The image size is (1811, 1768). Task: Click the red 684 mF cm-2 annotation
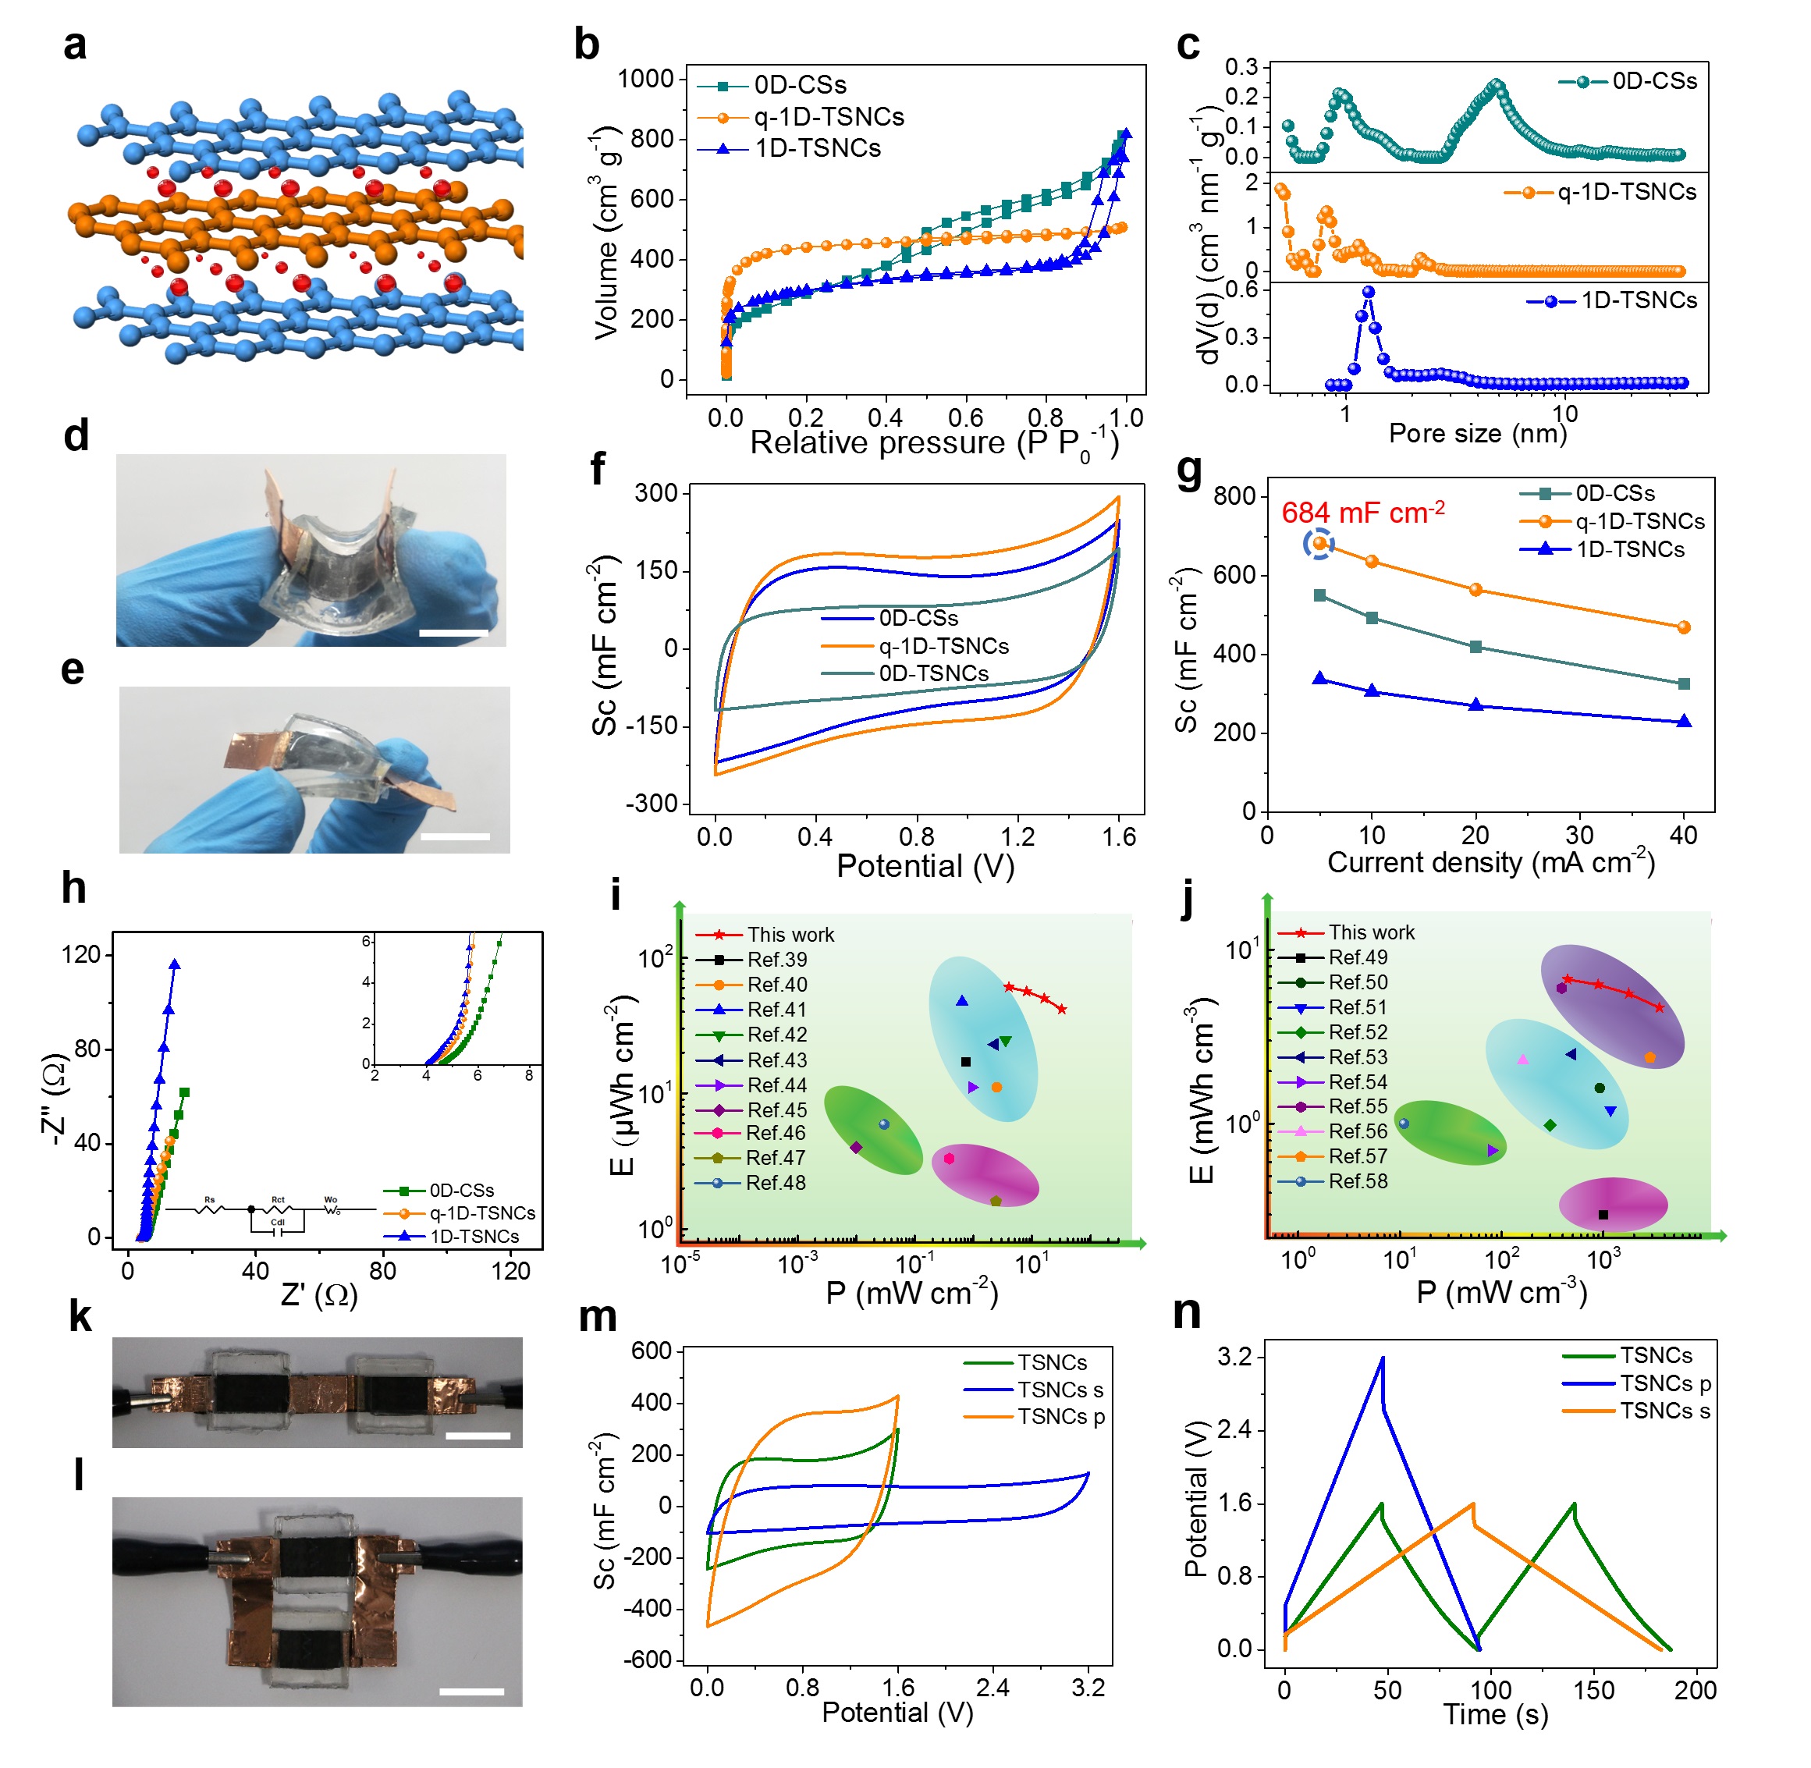coord(1362,513)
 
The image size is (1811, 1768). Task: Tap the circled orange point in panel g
coord(1319,543)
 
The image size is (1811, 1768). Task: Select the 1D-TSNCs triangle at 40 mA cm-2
coord(1684,722)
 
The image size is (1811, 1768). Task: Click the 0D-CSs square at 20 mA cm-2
coord(1475,648)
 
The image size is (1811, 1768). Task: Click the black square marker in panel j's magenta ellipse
coord(1603,1215)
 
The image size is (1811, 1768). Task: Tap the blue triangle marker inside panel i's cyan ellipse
coord(962,1001)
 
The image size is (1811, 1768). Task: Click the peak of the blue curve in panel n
coord(1383,1358)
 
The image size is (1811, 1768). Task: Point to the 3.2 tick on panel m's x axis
coord(1088,1687)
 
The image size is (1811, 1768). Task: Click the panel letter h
coord(74,889)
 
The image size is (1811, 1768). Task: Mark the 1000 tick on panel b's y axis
coord(645,79)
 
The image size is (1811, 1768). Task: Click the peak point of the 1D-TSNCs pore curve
coord(1368,292)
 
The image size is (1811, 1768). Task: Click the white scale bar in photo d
coord(454,634)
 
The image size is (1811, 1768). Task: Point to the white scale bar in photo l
coord(471,1691)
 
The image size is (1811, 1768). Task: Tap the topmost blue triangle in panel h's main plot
coord(175,965)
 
